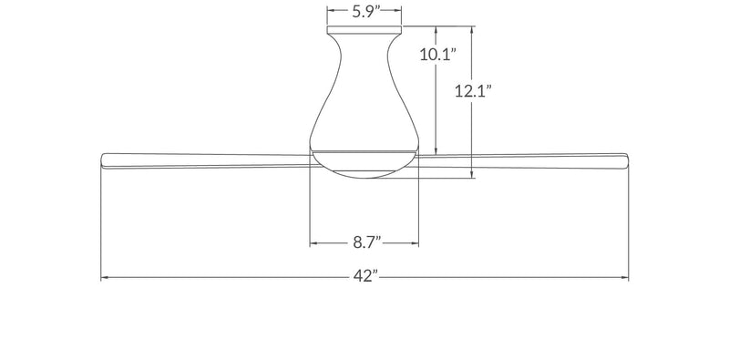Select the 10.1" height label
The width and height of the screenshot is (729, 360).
[x=437, y=55]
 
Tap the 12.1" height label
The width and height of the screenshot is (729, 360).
[x=473, y=91]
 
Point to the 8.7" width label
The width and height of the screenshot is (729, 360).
[x=367, y=242]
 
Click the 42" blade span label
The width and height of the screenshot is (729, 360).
[x=366, y=276]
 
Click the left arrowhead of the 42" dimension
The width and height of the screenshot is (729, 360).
[x=105, y=278]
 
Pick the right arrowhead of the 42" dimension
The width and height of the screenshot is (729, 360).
[x=624, y=278]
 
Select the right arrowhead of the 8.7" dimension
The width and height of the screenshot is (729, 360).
[x=415, y=242]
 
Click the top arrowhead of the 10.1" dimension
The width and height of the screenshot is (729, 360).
[x=436, y=30]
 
